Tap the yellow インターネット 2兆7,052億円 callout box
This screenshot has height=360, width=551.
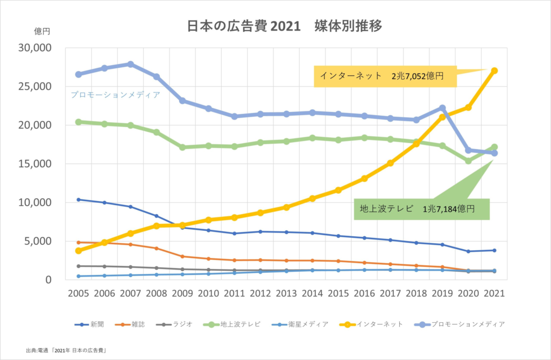[385, 76]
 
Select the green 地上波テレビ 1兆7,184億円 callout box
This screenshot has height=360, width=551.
[421, 209]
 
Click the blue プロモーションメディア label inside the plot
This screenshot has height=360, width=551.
[116, 95]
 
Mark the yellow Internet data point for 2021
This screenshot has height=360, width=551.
[495, 70]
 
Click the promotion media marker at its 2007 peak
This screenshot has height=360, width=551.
[131, 64]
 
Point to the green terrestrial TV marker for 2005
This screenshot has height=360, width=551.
[79, 122]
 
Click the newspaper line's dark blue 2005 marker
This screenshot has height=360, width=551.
[79, 200]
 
